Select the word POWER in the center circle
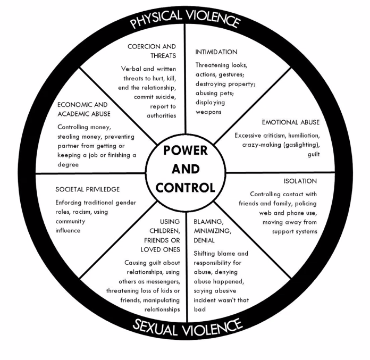(186, 150)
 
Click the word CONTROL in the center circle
(186, 188)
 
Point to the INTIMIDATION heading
(216, 52)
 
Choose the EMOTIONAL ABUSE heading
(291, 122)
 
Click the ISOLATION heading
(300, 181)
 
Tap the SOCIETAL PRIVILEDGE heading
(87, 189)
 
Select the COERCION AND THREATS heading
(152, 51)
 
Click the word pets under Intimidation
(232, 93)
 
